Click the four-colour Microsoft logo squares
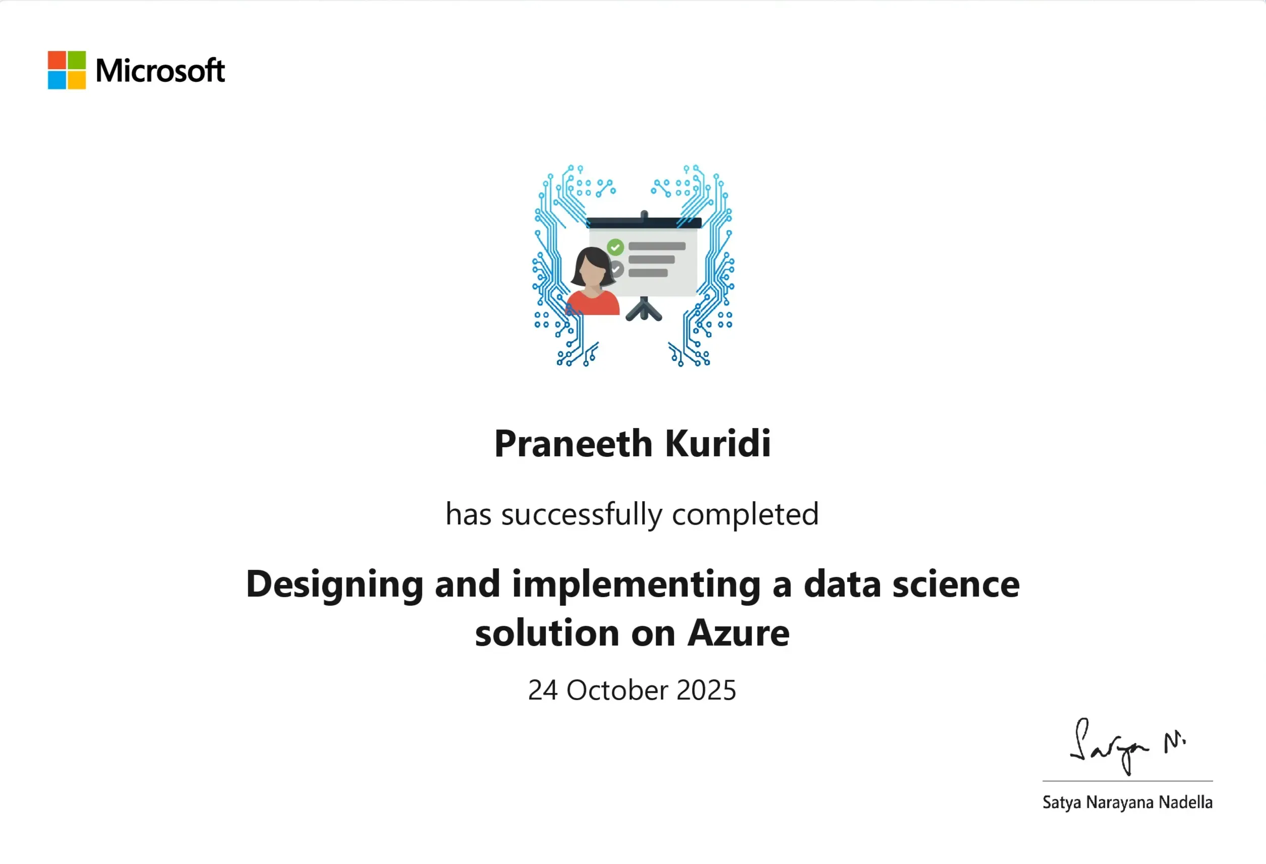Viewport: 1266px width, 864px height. (x=67, y=70)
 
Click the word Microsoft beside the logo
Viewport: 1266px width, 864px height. (x=160, y=71)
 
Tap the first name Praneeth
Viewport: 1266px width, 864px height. (x=573, y=443)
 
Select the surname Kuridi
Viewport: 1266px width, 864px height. (x=718, y=443)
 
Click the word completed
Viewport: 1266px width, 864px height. (x=745, y=515)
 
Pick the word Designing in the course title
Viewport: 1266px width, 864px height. (x=335, y=585)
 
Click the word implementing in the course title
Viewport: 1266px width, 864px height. (x=636, y=585)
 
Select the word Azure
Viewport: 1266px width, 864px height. (x=738, y=633)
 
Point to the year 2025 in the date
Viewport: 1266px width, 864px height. (x=706, y=690)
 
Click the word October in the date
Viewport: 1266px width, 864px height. (x=617, y=690)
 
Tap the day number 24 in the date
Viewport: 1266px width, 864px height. (x=543, y=690)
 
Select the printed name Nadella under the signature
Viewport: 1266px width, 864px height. (x=1185, y=802)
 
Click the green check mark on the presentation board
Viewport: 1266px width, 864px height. (x=615, y=247)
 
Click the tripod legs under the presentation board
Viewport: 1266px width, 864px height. (x=644, y=309)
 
